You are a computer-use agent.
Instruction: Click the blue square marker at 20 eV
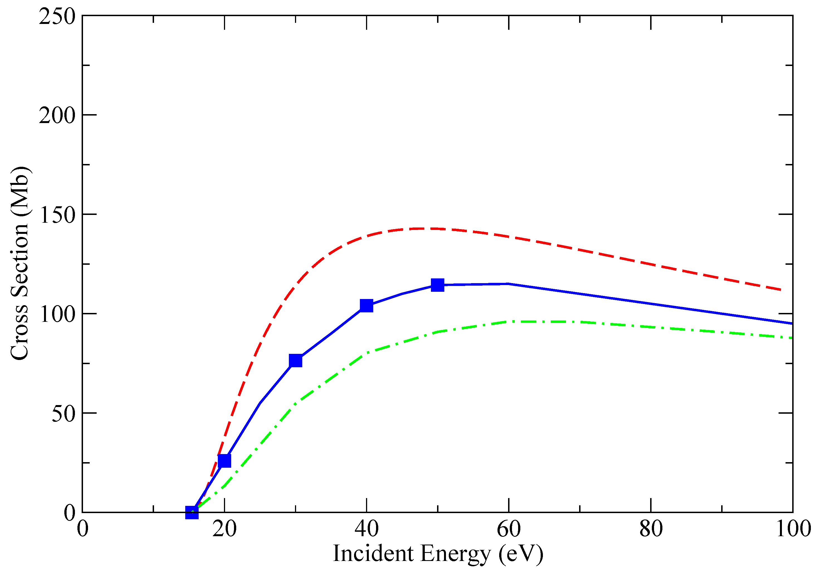(224, 461)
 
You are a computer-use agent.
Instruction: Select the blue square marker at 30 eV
(295, 361)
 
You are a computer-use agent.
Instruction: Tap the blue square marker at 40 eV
(367, 305)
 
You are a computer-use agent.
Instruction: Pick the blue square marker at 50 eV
(437, 285)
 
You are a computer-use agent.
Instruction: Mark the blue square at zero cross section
(192, 512)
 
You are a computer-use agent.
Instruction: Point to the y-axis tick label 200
(57, 115)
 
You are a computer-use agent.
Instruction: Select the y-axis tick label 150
(57, 215)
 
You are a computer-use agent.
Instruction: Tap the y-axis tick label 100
(57, 314)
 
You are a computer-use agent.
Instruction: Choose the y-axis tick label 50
(63, 413)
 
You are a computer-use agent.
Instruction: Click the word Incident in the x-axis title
(373, 553)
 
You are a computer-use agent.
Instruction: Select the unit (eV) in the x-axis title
(521, 554)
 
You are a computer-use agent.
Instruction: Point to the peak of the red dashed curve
(423, 228)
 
